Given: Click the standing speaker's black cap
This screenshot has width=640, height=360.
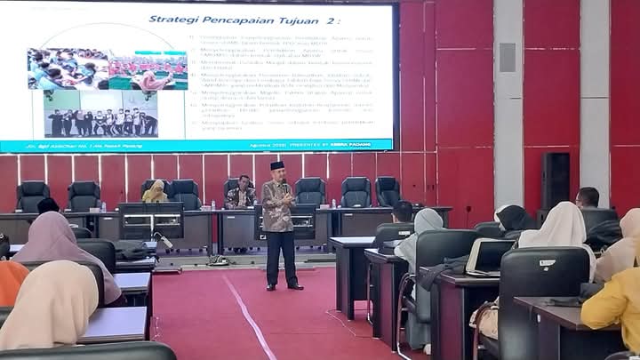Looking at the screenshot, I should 276,165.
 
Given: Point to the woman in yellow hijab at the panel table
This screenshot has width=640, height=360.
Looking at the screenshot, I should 156,190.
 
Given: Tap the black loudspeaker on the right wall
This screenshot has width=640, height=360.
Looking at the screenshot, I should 556,182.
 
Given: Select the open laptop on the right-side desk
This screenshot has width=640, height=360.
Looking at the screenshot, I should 487,256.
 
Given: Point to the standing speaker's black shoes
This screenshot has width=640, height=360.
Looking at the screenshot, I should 284,286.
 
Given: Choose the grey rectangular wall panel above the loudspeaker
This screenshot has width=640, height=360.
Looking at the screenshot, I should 508,57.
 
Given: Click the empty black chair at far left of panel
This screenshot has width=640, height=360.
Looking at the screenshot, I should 33,195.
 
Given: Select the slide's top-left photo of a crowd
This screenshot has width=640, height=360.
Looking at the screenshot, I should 68,68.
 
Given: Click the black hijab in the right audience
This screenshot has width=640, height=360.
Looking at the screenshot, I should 515,219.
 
